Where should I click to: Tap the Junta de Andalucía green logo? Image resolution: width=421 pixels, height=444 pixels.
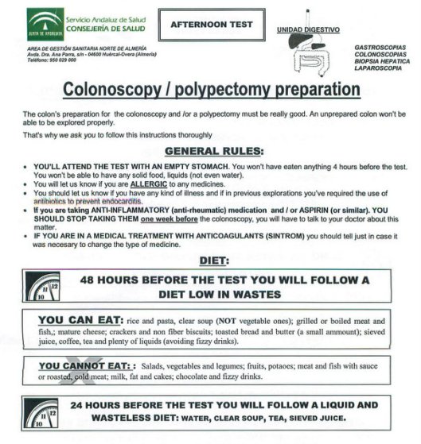[x=45, y=25]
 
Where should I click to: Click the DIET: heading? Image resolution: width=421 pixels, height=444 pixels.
[x=210, y=260]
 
